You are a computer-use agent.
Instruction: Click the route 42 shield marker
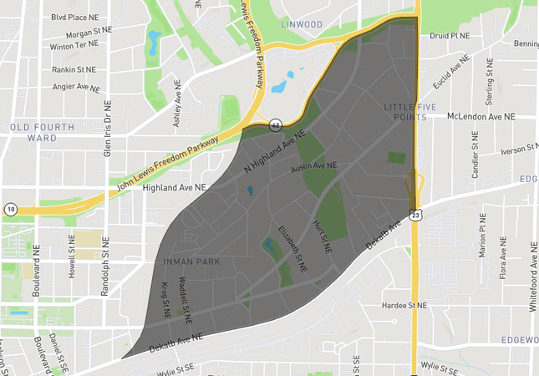point(275,124)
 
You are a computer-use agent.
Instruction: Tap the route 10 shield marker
point(10,207)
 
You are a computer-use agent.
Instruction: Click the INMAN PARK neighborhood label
point(188,262)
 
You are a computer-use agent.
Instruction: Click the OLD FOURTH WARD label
point(42,132)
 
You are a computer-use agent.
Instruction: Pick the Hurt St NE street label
point(327,238)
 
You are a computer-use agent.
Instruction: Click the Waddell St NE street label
point(189,302)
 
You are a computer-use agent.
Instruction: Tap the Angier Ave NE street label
point(74,87)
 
